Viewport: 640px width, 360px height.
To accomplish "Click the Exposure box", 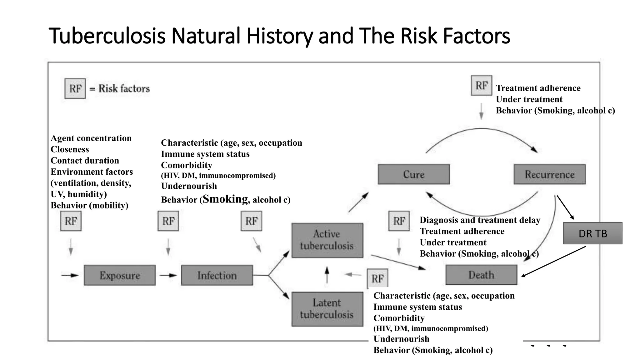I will [120, 275].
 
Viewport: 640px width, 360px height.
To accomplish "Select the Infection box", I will [217, 275].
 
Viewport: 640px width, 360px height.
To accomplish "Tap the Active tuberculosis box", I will [327, 240].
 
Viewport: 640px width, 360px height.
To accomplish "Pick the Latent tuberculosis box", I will [327, 309].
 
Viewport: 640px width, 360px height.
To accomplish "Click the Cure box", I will [413, 174].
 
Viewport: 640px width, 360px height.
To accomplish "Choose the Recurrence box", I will [549, 174].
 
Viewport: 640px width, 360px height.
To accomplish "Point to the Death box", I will [481, 275].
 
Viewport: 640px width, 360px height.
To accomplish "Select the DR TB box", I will [592, 233].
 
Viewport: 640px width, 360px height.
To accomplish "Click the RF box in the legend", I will [75, 88].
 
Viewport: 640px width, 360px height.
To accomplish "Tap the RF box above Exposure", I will [71, 221].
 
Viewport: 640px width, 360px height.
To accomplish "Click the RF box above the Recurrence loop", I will [481, 85].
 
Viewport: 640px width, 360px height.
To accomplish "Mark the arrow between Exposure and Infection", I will [168, 275].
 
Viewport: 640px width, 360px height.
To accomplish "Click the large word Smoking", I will [225, 199].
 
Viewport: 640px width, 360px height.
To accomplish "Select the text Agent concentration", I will [91, 138].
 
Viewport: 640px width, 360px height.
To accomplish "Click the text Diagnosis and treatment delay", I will [480, 220].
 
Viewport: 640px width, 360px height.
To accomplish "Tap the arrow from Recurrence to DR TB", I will [565, 207].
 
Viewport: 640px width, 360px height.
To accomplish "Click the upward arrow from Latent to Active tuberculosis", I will [327, 275].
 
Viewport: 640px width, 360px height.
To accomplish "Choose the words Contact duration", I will [85, 161].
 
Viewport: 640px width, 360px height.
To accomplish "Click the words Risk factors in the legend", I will [124, 88].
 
